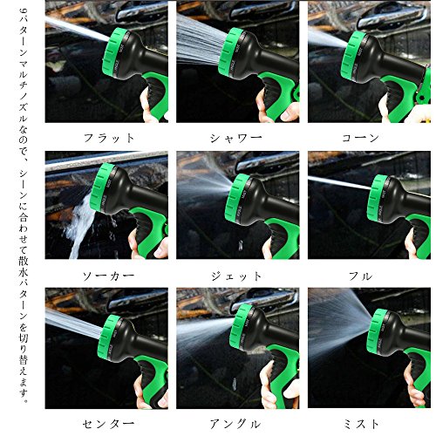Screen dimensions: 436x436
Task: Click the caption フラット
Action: [x=109, y=138]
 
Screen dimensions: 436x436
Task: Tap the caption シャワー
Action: [x=236, y=138]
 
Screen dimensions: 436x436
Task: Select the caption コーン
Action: [x=361, y=138]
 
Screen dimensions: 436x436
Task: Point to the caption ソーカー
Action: [x=108, y=276]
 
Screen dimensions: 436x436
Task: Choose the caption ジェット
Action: [x=236, y=276]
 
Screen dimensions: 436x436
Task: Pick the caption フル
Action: [x=361, y=276]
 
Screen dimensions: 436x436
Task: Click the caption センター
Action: [x=108, y=424]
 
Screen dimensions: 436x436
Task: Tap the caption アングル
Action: [x=235, y=424]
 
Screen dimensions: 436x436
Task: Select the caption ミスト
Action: [x=361, y=424]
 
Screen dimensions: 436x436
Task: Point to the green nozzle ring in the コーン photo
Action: [x=352, y=56]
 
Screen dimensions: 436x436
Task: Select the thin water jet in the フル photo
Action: [x=338, y=183]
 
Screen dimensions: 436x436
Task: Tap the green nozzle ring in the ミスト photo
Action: [x=377, y=333]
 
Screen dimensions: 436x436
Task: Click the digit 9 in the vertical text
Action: [x=24, y=11]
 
